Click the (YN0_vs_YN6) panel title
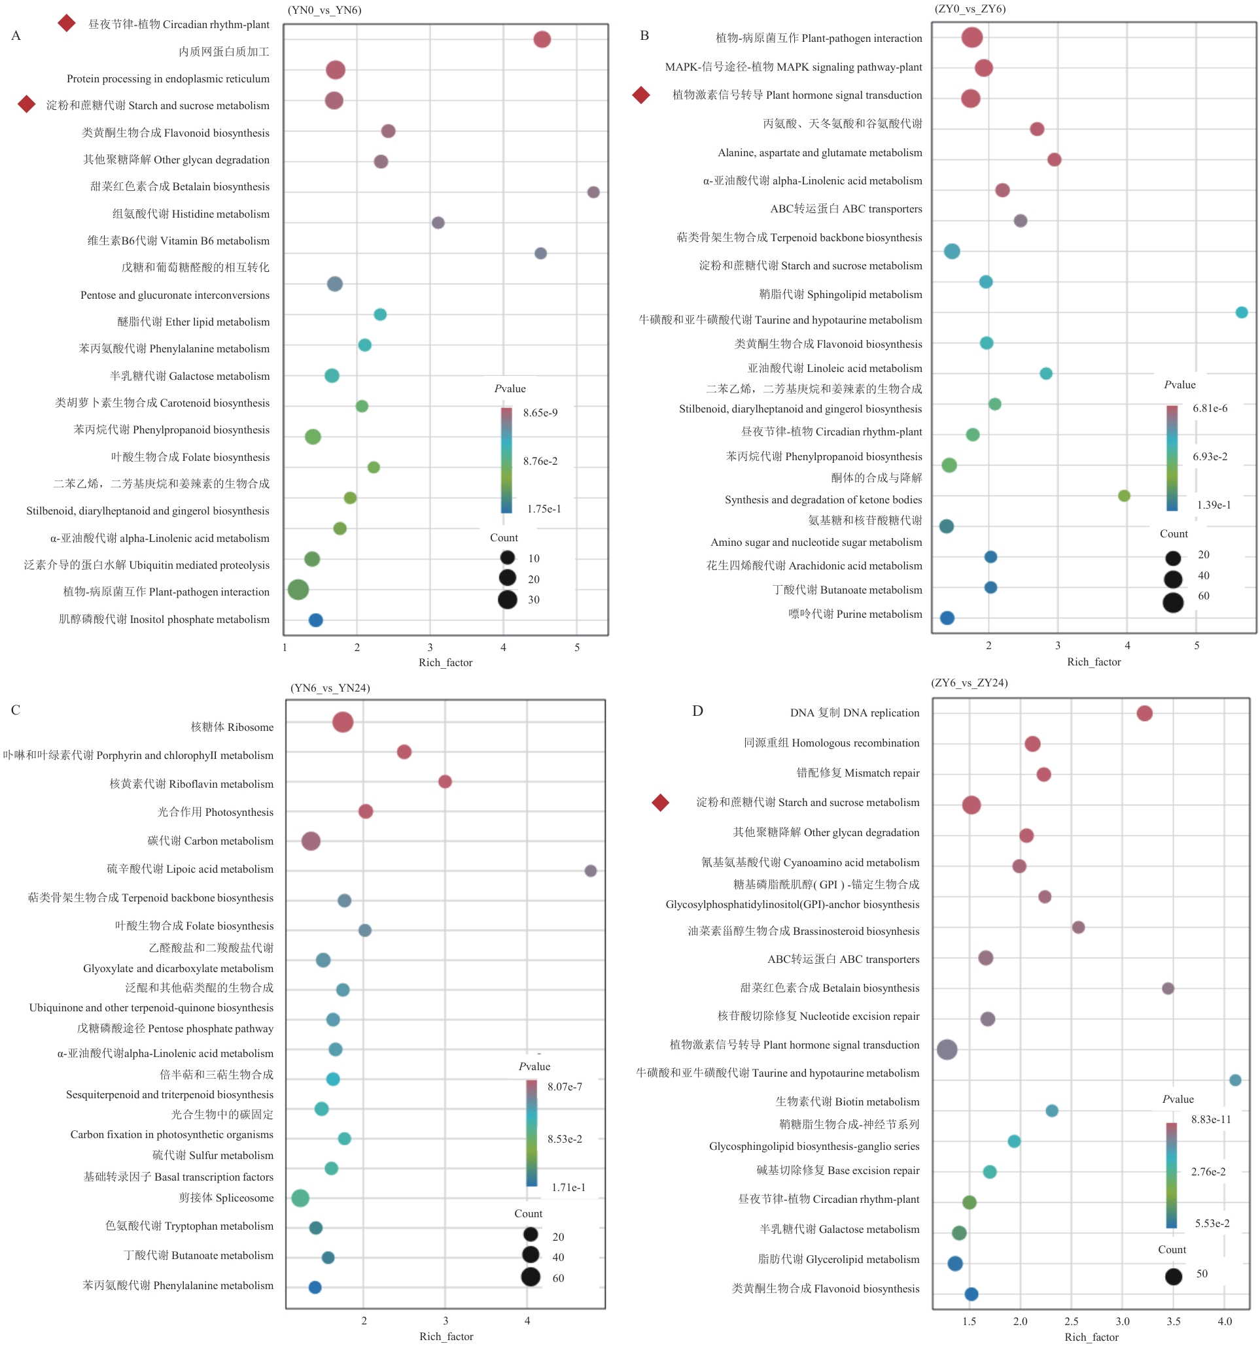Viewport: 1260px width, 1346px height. tap(324, 10)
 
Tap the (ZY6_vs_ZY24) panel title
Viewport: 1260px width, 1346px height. tap(970, 682)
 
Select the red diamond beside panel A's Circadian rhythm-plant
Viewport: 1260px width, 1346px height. tap(66, 23)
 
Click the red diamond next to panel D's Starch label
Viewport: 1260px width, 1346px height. tap(661, 802)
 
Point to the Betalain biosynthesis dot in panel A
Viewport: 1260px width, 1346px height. tap(593, 192)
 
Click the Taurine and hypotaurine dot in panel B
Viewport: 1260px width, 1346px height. tap(1242, 312)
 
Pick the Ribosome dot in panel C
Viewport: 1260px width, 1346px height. tap(343, 722)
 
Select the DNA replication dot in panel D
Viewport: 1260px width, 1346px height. tap(1145, 713)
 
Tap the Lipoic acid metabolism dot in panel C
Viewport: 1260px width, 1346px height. tap(591, 871)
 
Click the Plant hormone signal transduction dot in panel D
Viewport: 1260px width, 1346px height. tap(947, 1049)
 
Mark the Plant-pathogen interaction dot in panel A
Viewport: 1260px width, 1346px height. tap(298, 590)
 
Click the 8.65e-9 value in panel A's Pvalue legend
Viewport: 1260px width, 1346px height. tap(540, 413)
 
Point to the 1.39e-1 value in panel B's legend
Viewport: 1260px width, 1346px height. tap(1214, 505)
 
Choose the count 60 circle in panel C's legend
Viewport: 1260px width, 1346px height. tap(531, 1277)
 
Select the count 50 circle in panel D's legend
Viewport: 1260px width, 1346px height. tap(1174, 1276)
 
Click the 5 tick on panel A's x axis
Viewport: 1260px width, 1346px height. tap(577, 647)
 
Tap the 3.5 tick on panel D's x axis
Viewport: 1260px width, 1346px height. tap(1173, 1321)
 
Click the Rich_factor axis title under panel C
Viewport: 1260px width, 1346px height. tap(446, 1336)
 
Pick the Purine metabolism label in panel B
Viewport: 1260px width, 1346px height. tap(855, 614)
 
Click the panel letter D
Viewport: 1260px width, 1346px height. tap(698, 711)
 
